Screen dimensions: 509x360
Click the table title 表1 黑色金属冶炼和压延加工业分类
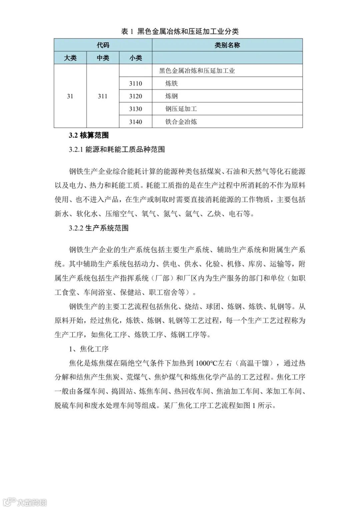[180, 31]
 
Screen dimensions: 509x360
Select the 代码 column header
[103, 45]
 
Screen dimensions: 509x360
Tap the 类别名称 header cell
[227, 45]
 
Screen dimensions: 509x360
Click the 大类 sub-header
[70, 58]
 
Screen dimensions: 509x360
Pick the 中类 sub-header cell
[103, 58]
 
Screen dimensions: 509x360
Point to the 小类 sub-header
[136, 58]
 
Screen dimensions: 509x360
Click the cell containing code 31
[70, 96]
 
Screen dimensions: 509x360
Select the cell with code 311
[103, 96]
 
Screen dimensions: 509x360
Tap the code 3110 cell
[136, 83]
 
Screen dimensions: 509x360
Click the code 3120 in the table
[136, 96]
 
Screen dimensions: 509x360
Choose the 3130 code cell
[136, 109]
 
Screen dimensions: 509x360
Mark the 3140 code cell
[136, 122]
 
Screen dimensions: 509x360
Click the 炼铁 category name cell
[172, 83]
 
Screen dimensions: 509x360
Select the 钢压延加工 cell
[181, 109]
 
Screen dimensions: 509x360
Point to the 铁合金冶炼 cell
[181, 122]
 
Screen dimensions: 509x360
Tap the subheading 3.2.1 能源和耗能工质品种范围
[117, 149]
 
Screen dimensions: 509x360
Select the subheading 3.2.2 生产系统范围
[99, 228]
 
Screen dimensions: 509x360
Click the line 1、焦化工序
[89, 349]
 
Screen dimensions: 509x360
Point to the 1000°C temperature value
[207, 363]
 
